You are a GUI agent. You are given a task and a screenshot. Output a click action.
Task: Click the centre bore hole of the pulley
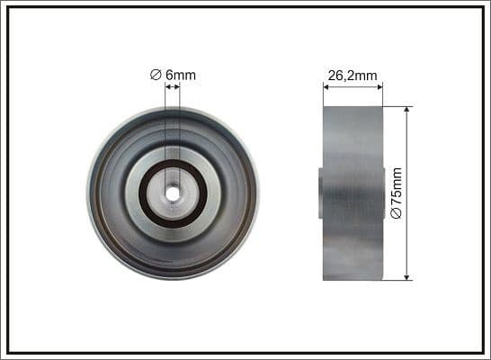(x=173, y=193)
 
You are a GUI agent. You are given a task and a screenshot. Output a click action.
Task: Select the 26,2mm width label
(x=353, y=76)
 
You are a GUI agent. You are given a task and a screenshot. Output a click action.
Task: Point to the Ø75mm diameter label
(x=397, y=193)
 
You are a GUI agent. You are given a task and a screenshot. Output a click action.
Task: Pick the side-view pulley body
(x=353, y=193)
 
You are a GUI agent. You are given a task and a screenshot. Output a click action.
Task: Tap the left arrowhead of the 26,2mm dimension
(x=326, y=87)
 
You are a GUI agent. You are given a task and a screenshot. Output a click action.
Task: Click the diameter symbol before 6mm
(x=155, y=75)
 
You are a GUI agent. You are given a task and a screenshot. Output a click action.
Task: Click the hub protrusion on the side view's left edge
(x=321, y=193)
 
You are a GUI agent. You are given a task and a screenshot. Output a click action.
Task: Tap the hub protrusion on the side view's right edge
(x=384, y=193)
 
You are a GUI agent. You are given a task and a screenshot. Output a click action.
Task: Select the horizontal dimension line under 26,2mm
(x=353, y=87)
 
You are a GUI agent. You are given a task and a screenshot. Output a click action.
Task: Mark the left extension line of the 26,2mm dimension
(x=323, y=94)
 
